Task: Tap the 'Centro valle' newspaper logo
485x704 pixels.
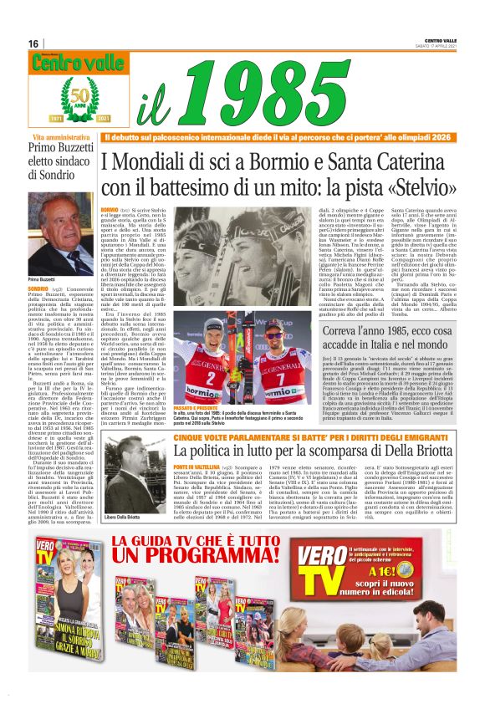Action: (x=67, y=63)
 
